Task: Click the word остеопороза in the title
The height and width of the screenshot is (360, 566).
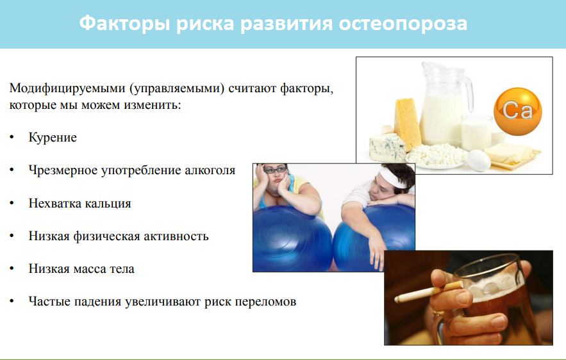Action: [x=403, y=24]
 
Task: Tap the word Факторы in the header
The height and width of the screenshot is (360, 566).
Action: [x=124, y=24]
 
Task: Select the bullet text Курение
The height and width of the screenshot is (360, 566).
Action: [x=53, y=138]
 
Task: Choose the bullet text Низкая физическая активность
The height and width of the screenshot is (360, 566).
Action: [x=119, y=236]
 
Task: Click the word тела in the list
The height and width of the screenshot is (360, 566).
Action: [x=122, y=269]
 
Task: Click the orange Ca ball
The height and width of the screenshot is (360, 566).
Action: [x=518, y=111]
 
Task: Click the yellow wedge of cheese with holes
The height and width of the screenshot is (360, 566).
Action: [x=407, y=122]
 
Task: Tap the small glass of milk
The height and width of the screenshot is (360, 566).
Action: [x=476, y=132]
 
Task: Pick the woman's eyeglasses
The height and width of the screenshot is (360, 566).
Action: [x=275, y=169]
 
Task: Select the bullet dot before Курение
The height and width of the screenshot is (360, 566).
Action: [x=12, y=138]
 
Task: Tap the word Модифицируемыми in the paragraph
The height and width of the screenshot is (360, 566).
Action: [x=67, y=88]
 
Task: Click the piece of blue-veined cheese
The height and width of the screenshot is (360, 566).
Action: [x=387, y=147]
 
